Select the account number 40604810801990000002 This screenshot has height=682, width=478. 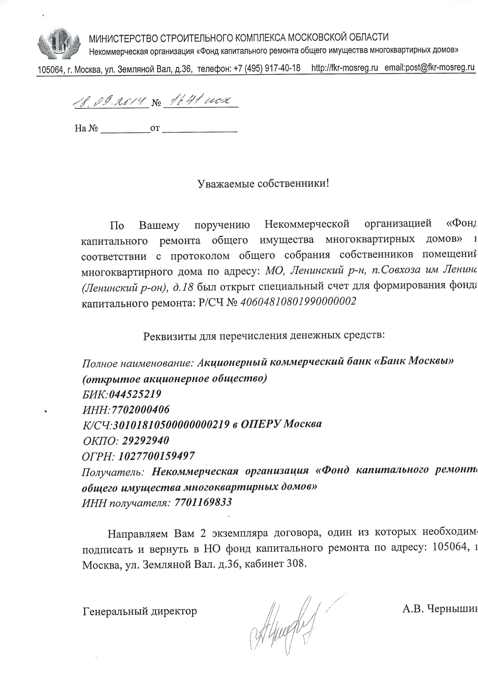click(298, 302)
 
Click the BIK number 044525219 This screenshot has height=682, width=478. click(135, 394)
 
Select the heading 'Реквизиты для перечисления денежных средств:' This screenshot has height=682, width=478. click(264, 336)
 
